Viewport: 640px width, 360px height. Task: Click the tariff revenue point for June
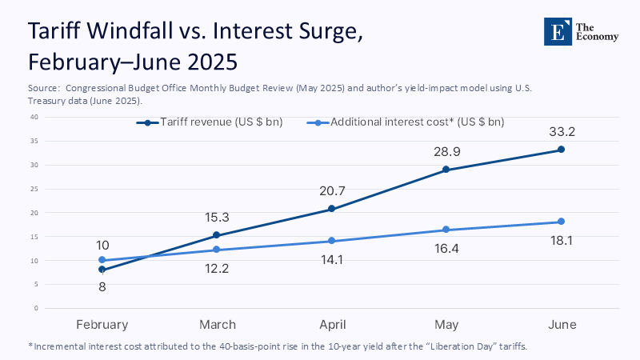tap(561, 150)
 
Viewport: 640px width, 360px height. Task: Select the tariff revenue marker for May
tap(446, 170)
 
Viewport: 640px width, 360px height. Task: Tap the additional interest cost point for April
tap(331, 241)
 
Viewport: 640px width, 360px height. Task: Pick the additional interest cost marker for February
tap(102, 260)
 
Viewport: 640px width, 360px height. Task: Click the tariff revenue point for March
tap(217, 235)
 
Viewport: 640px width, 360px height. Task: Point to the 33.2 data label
tap(561, 131)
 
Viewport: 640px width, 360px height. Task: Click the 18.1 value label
tap(561, 240)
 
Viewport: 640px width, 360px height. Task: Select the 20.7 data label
tap(331, 190)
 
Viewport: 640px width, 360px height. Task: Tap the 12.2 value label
tap(217, 269)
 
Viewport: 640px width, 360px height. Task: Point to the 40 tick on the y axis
tap(34, 117)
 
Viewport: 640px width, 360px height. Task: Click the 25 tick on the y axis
tap(34, 189)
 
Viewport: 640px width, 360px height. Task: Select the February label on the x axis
tap(102, 325)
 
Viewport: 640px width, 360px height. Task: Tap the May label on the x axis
tap(446, 325)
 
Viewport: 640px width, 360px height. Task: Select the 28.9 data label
tap(446, 151)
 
